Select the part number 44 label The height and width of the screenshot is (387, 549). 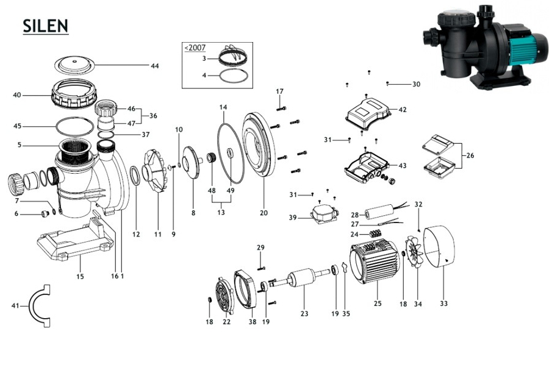[x=154, y=66]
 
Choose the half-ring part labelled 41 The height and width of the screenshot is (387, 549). [x=42, y=305]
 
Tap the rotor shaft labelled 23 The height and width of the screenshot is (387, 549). [x=299, y=283]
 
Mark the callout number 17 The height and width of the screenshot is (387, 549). [x=280, y=91]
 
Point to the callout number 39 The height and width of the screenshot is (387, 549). [x=293, y=218]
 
